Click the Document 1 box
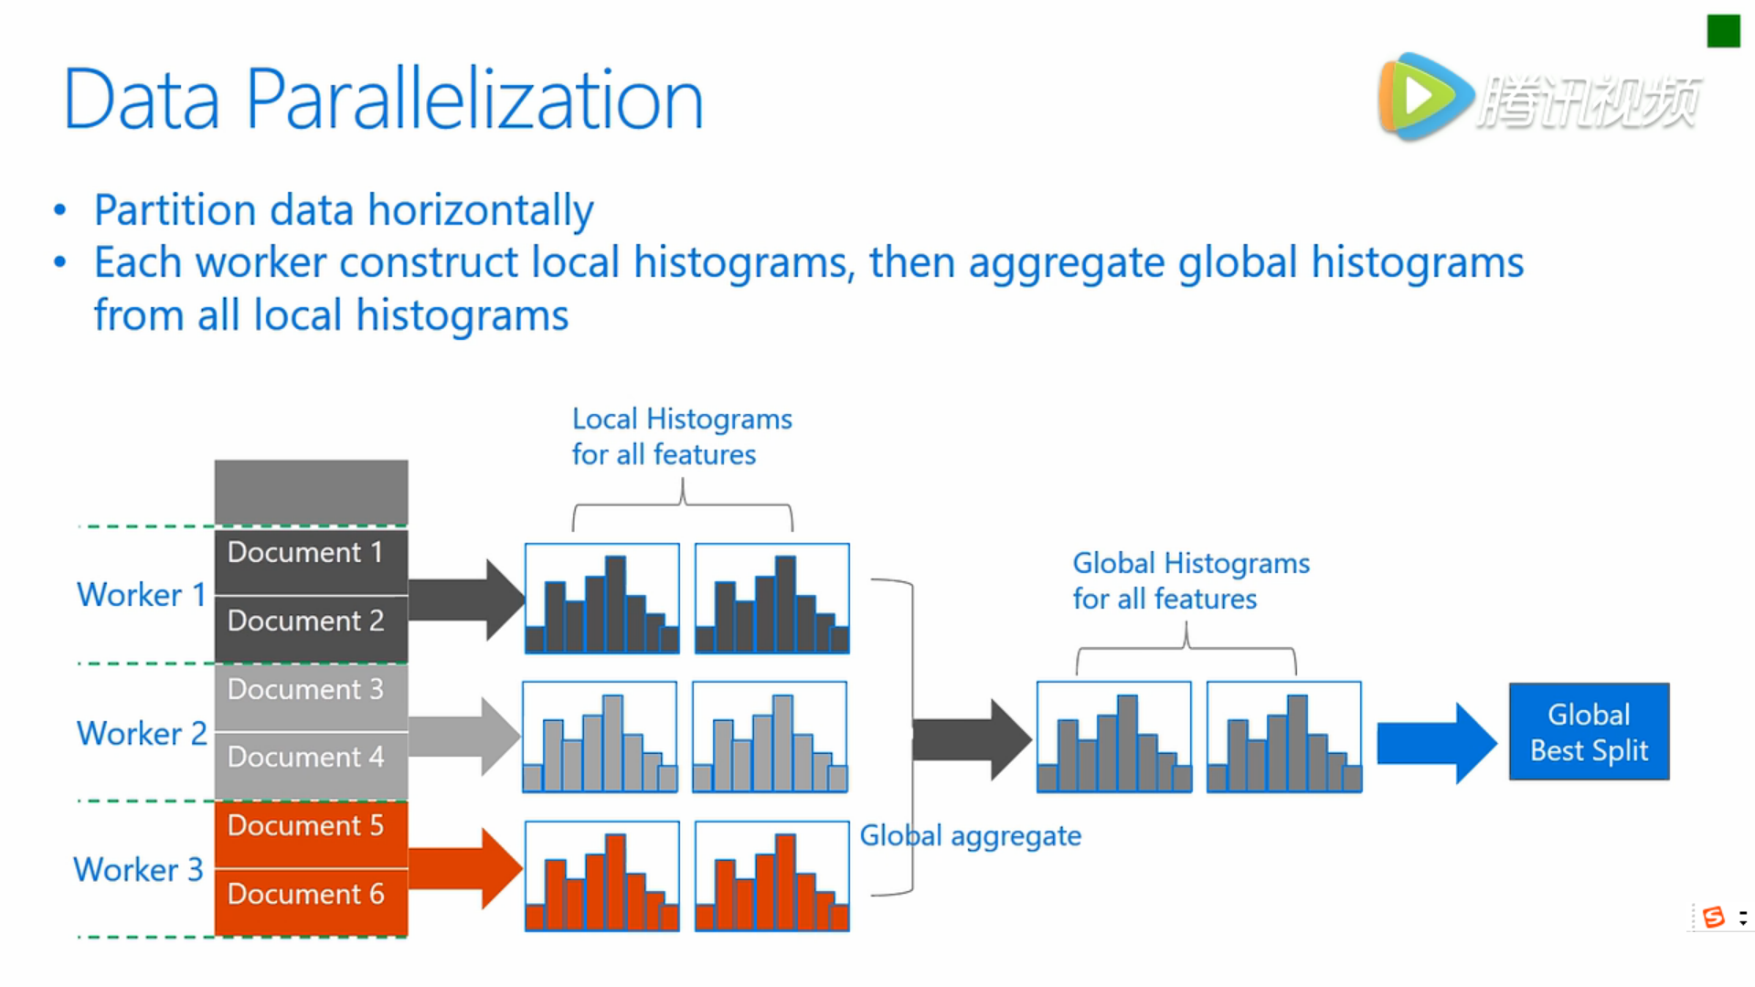tap(311, 561)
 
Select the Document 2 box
tap(311, 630)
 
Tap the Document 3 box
tap(311, 698)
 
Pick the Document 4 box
tap(311, 766)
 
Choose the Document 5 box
tap(311, 834)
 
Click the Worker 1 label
tap(142, 595)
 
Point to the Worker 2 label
tap(142, 733)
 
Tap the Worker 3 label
tap(138, 869)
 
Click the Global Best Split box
tap(1589, 731)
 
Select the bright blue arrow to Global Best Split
tap(1437, 743)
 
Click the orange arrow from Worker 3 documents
tap(465, 868)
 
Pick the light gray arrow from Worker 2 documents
tap(465, 737)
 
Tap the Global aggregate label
tap(971, 836)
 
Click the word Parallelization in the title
tap(474, 100)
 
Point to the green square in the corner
tap(1723, 31)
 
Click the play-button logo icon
tap(1426, 97)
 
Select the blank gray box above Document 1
tap(311, 492)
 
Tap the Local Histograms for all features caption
tap(682, 437)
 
